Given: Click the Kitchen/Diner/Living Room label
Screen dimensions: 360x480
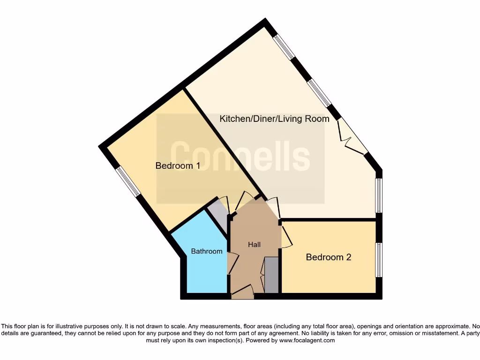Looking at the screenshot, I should (x=274, y=119).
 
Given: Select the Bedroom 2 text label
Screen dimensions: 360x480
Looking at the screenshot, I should (x=328, y=257).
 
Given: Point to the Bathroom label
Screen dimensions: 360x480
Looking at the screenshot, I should (x=207, y=251).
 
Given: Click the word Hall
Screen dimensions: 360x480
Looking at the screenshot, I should (x=254, y=244).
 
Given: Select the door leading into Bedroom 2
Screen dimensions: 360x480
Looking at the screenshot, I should (x=286, y=237).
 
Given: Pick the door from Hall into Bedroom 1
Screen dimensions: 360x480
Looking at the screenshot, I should (x=245, y=201).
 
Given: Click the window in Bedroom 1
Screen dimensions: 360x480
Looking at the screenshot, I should (x=128, y=181).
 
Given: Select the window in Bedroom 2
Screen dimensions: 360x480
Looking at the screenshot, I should (x=379, y=260).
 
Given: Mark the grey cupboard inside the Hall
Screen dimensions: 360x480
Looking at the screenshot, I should (x=271, y=275).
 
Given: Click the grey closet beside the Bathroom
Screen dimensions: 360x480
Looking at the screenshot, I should (x=217, y=213).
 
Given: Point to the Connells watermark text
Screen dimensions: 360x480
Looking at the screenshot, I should (x=240, y=157).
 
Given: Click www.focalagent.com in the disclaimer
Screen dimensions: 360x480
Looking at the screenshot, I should (x=307, y=340).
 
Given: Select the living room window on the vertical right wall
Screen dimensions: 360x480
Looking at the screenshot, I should (x=379, y=195).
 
